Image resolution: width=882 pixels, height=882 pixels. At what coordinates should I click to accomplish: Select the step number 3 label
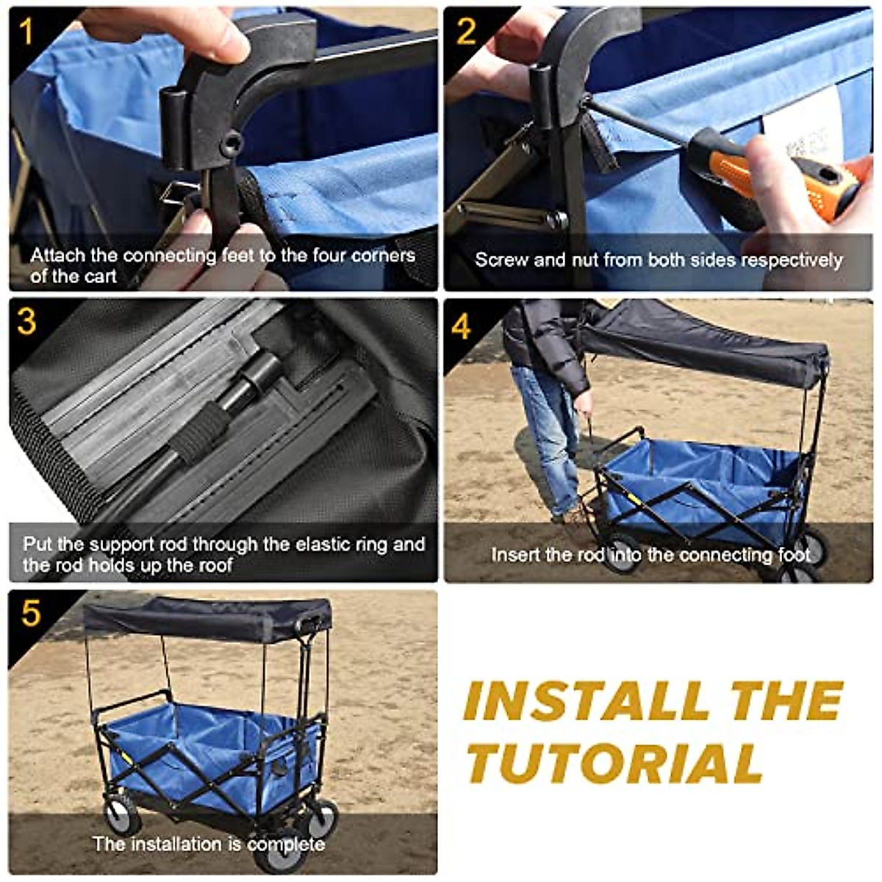tap(27, 322)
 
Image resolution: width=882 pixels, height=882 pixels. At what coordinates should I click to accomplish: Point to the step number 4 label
tap(462, 326)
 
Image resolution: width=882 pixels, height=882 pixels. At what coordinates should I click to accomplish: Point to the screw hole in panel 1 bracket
tap(232, 143)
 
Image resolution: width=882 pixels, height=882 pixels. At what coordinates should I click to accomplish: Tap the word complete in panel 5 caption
tap(286, 845)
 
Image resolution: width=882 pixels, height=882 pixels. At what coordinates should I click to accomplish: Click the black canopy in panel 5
tap(206, 617)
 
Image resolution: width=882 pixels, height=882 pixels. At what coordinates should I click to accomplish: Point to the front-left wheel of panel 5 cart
tap(121, 816)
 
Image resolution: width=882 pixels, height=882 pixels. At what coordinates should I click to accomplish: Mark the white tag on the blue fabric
tap(801, 132)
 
